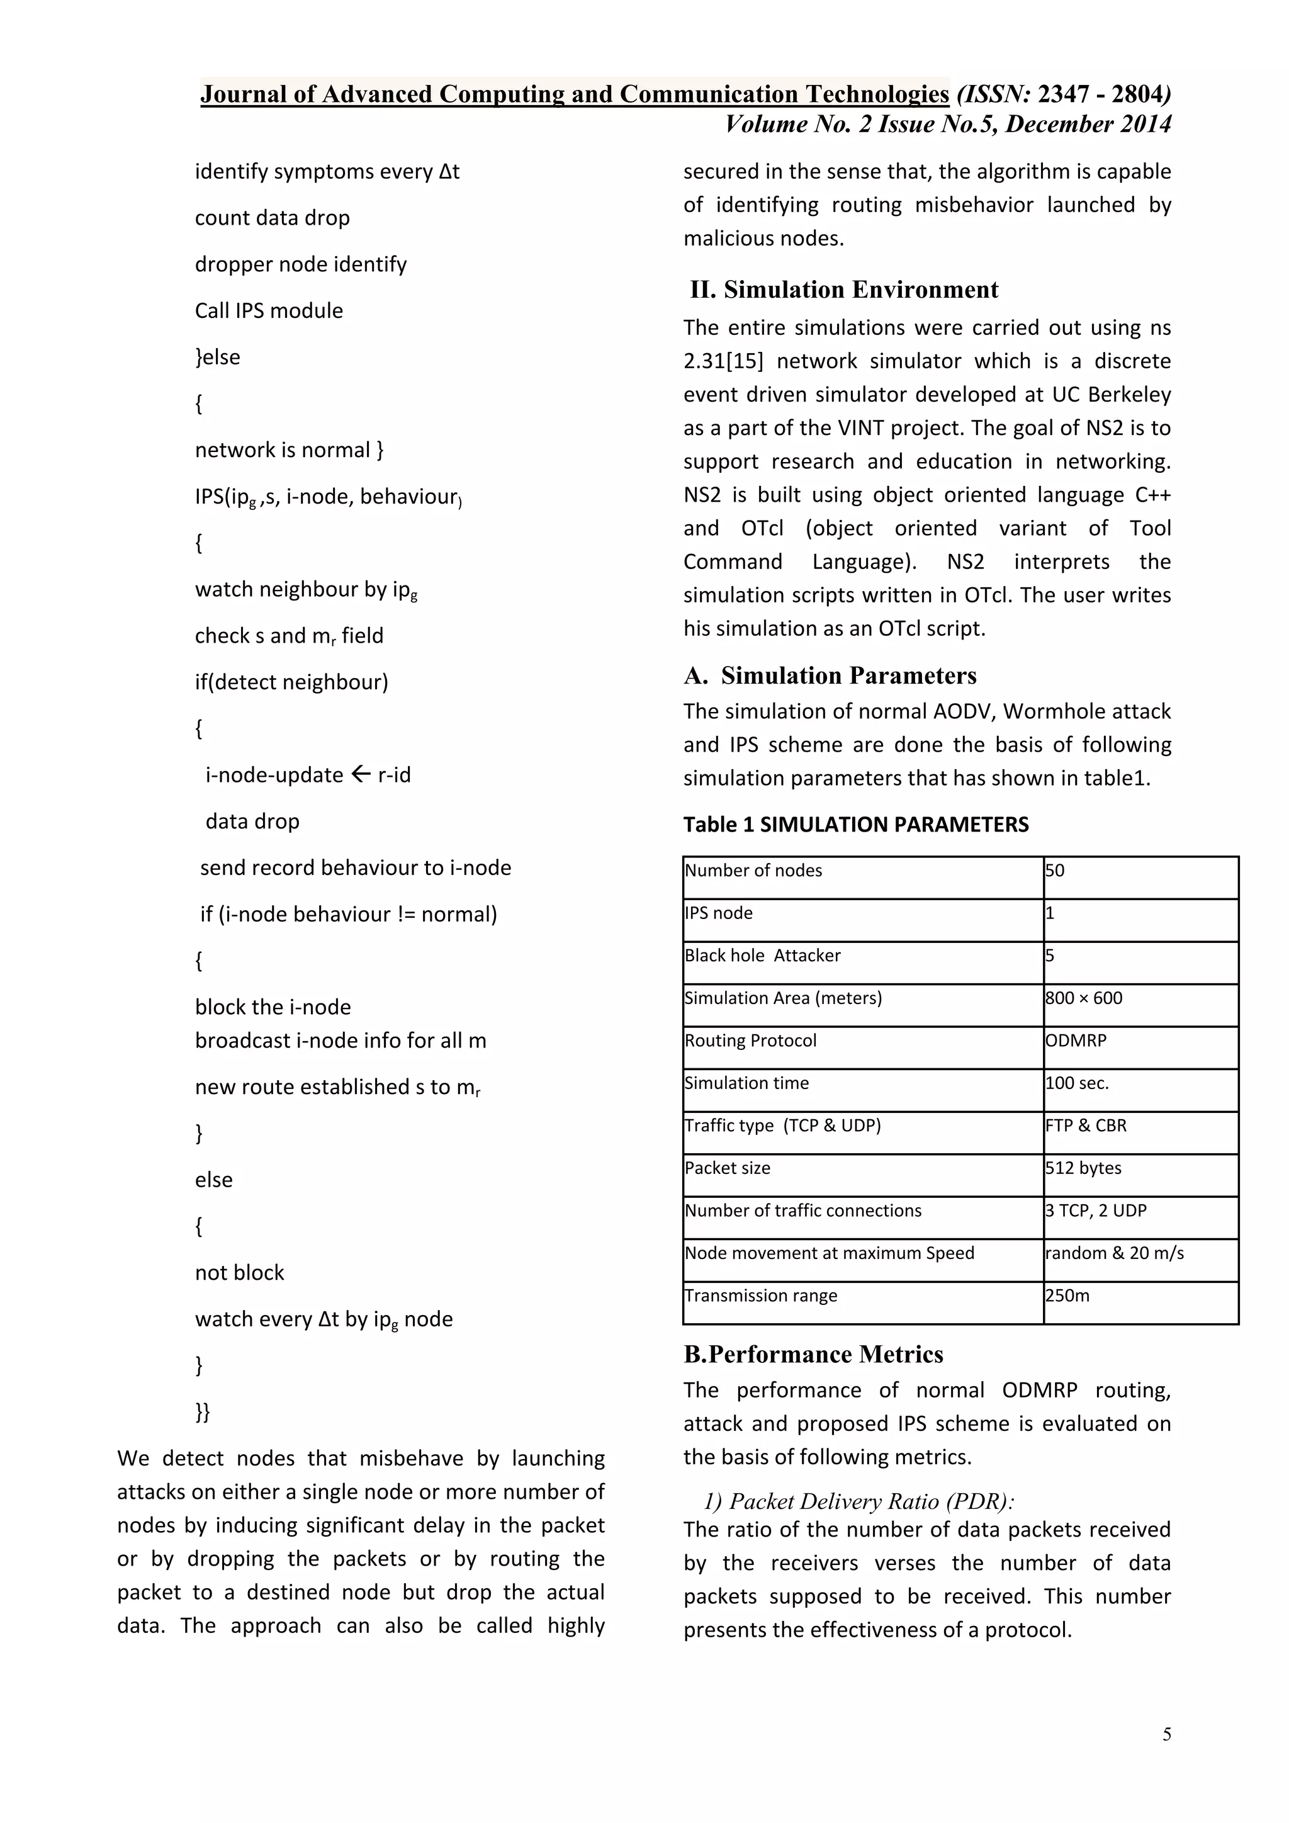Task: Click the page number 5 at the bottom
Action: click(x=1166, y=1734)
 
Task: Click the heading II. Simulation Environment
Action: click(x=844, y=290)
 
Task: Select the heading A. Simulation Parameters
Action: click(x=830, y=675)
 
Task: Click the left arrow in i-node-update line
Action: click(x=361, y=774)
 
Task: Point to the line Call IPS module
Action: click(x=269, y=310)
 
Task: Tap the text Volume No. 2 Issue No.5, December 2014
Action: click(x=948, y=125)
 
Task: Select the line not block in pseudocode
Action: click(x=239, y=1272)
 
